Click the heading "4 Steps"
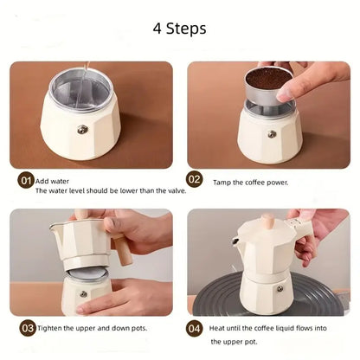pyautogui.click(x=179, y=29)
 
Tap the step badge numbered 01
pyautogui.click(x=26, y=181)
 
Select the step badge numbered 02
pyautogui.click(x=195, y=179)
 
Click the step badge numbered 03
pyautogui.click(x=28, y=328)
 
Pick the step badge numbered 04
pyautogui.click(x=194, y=329)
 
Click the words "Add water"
pyautogui.click(x=52, y=182)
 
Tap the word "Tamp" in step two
pyautogui.click(x=220, y=183)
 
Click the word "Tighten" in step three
pyautogui.click(x=49, y=328)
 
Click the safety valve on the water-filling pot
pyautogui.click(x=82, y=130)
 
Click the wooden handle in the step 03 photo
pyautogui.click(x=123, y=250)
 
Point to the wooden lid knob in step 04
pyautogui.click(x=267, y=222)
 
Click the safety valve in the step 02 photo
pyautogui.click(x=272, y=134)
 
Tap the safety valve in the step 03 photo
pyautogui.click(x=83, y=294)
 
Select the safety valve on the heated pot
pyautogui.click(x=280, y=288)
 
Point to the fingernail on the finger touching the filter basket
pyautogui.click(x=285, y=94)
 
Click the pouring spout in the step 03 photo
pyautogui.click(x=54, y=228)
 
